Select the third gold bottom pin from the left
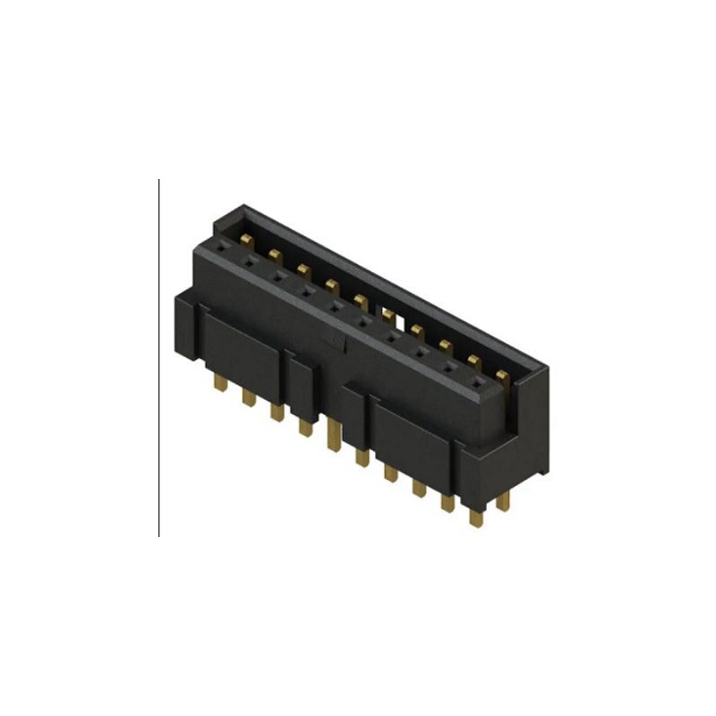(x=277, y=410)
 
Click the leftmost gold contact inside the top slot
(x=246, y=239)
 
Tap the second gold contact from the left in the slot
(x=275, y=256)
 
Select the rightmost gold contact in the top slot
(x=502, y=375)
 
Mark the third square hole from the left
(x=277, y=277)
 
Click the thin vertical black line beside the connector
(x=159, y=358)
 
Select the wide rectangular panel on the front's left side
(x=237, y=345)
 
